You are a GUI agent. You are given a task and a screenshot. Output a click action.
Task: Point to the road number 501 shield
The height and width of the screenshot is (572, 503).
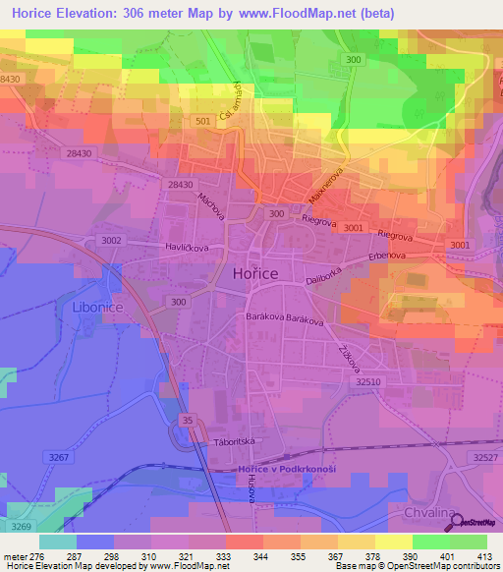[202, 121]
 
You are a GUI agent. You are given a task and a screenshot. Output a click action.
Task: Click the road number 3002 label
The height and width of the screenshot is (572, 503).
[112, 239]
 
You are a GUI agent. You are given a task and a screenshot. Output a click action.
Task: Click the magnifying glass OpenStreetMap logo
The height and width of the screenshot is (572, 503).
[457, 521]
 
